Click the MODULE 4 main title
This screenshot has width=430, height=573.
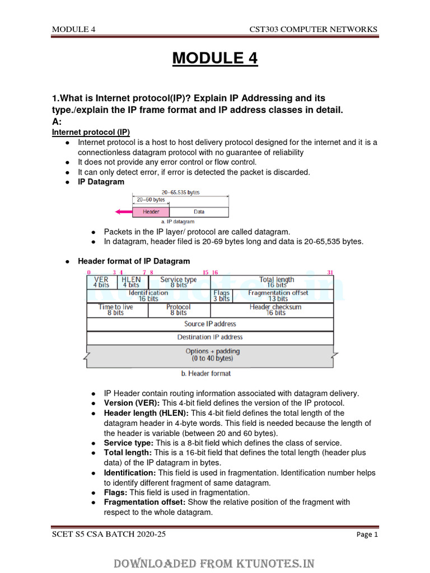(x=215, y=58)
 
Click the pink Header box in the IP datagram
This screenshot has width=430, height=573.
(x=151, y=212)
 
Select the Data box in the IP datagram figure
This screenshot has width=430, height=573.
(x=199, y=212)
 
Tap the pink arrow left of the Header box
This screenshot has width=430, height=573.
(x=122, y=212)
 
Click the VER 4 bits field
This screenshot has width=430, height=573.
(x=101, y=282)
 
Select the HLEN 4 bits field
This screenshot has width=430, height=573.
(x=131, y=282)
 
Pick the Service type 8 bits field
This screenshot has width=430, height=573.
(x=179, y=282)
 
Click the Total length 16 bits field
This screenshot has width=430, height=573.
(x=277, y=282)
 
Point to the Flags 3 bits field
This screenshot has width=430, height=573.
(x=222, y=296)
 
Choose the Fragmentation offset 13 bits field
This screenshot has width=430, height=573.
(x=278, y=296)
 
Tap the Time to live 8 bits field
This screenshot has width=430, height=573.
(x=116, y=310)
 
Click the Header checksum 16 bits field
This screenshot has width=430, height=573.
(x=275, y=310)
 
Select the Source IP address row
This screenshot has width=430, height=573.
(x=210, y=324)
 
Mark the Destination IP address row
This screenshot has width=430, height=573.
(x=210, y=337)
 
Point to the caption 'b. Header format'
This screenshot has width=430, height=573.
(x=205, y=373)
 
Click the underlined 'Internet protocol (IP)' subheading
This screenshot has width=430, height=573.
(x=91, y=132)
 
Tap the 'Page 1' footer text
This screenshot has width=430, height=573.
(x=367, y=535)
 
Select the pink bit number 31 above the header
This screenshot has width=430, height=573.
(x=330, y=273)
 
